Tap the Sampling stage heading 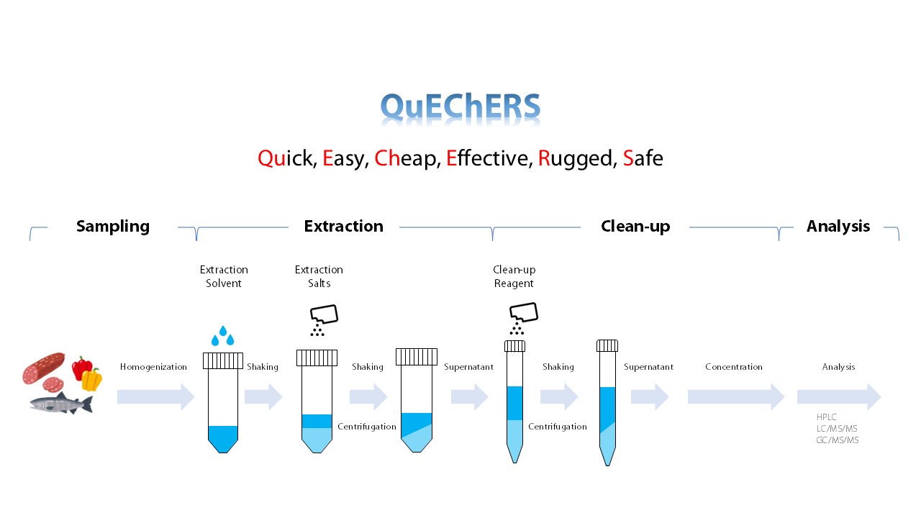[x=113, y=227]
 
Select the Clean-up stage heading [x=635, y=226]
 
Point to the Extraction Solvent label [x=224, y=276]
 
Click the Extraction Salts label [x=319, y=276]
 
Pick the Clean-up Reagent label [x=514, y=276]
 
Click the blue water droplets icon [x=222, y=336]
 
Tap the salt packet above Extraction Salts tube [x=324, y=320]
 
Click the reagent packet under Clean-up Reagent [x=523, y=318]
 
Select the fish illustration [x=61, y=403]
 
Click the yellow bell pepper [x=91, y=379]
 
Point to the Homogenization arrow [x=156, y=396]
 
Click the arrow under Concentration [x=736, y=396]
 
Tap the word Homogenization [x=153, y=367]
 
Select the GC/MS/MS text [x=837, y=440]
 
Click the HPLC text [x=827, y=417]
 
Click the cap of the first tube [x=223, y=360]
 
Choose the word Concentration [x=733, y=367]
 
